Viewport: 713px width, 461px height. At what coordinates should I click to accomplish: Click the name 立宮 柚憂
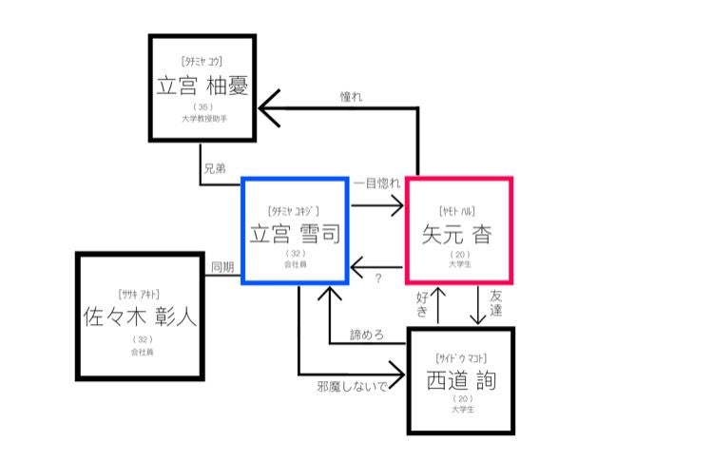coord(202,86)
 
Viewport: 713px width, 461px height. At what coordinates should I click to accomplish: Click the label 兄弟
coord(215,168)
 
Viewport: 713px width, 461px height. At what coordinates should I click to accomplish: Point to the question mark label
coord(377,278)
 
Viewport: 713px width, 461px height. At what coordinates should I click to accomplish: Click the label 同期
coord(222,267)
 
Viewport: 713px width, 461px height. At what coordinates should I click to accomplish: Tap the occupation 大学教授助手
coord(202,119)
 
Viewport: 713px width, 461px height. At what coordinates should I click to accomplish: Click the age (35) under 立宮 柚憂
coord(202,107)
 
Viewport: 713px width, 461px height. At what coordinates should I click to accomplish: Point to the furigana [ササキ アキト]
coord(140,293)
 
